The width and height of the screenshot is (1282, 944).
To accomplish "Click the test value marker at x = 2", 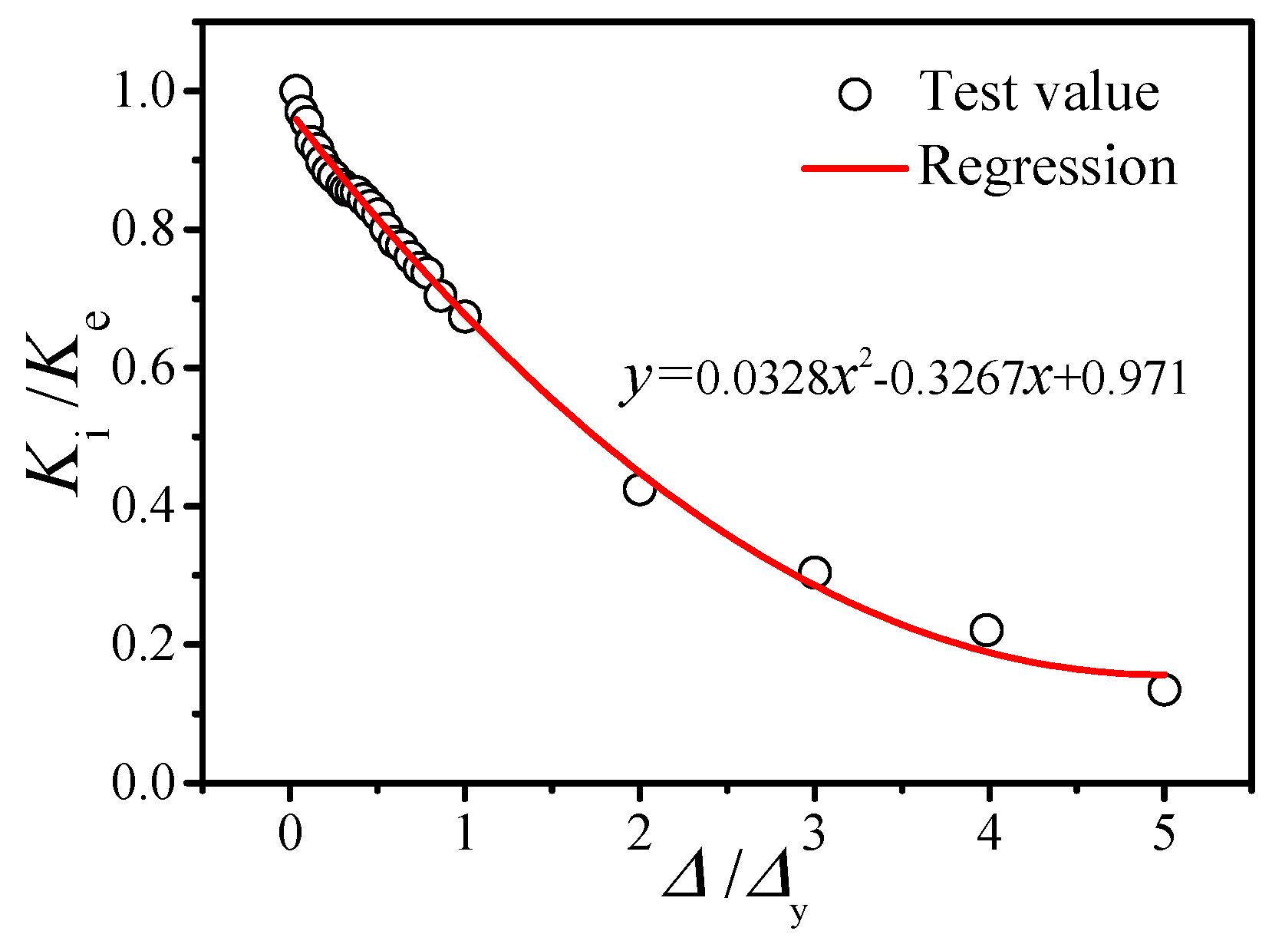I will point(639,489).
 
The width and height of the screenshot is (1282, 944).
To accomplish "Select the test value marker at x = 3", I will point(815,573).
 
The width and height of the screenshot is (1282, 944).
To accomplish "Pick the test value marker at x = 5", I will point(1164,690).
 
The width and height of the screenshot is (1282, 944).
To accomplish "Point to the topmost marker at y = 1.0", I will point(295,91).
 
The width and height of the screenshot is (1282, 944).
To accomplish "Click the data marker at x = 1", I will point(465,316).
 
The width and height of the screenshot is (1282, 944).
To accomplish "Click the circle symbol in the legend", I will point(855,95).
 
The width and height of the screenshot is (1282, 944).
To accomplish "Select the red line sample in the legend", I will point(855,167).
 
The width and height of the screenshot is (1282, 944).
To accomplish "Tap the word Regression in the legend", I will point(1047,166).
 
